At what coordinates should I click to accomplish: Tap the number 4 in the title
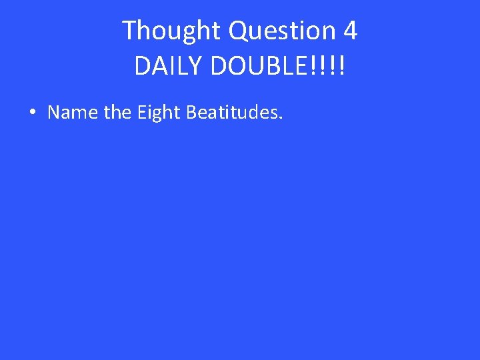tap(350, 31)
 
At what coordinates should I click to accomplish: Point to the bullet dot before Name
tap(33, 113)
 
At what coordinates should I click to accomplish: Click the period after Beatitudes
tap(281, 118)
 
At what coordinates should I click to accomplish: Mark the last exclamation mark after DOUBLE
tap(341, 65)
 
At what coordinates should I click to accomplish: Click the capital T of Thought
tap(129, 31)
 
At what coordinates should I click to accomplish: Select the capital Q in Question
tap(238, 31)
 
